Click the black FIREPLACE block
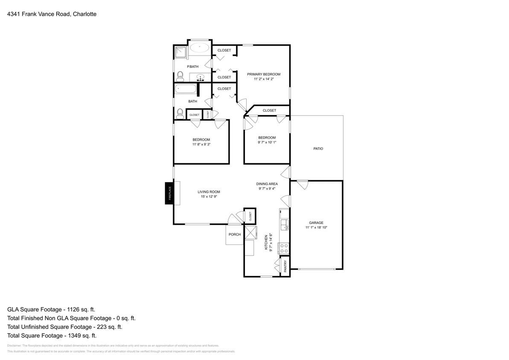pyautogui.click(x=169, y=193)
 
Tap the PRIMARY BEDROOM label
pyautogui.click(x=264, y=74)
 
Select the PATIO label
pyautogui.click(x=318, y=149)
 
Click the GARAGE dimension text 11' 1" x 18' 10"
pyautogui.click(x=316, y=228)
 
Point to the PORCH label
pyautogui.click(x=234, y=235)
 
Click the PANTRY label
pyautogui.click(x=285, y=266)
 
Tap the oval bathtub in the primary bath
pyautogui.click(x=199, y=48)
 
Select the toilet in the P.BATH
pyautogui.click(x=180, y=76)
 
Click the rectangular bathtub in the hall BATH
pyautogui.click(x=186, y=90)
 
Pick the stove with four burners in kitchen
pyautogui.click(x=283, y=248)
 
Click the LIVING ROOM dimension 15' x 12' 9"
pyautogui.click(x=209, y=197)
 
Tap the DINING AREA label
pyautogui.click(x=267, y=184)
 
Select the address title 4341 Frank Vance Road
pyautogui.click(x=52, y=14)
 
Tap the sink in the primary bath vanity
pyautogui.click(x=201, y=77)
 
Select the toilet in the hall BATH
pyautogui.click(x=180, y=113)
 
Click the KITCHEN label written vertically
pyautogui.click(x=266, y=242)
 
